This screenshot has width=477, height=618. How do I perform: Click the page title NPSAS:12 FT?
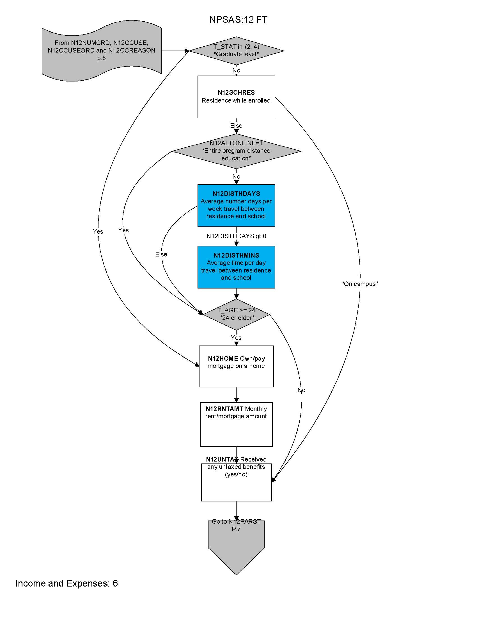coord(238,20)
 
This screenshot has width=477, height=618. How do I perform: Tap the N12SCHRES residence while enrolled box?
coord(236,97)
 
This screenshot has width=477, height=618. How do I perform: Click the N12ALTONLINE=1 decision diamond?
coord(236,151)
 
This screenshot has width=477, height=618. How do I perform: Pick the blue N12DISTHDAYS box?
coord(236,205)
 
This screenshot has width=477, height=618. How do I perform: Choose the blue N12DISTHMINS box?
coord(236,267)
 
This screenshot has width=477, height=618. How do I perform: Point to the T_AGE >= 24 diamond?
coord(236,314)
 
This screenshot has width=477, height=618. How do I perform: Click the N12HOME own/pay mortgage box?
coord(236,366)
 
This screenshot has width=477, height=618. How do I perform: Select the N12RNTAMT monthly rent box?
coord(236,424)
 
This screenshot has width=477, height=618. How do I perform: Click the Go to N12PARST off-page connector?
coord(236,543)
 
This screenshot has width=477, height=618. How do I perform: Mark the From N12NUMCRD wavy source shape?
coord(102,51)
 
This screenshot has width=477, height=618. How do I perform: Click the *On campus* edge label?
coord(360,284)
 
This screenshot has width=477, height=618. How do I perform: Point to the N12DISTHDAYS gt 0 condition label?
coord(236,236)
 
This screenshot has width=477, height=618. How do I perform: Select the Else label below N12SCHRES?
coord(236,126)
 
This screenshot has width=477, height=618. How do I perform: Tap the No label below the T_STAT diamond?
coord(236,70)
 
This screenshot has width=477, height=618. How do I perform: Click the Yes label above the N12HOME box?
coord(236,338)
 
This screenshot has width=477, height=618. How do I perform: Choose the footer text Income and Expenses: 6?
coord(67,583)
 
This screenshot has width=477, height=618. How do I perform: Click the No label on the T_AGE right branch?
coord(302,390)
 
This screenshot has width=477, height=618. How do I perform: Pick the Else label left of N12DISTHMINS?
coord(161,255)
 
